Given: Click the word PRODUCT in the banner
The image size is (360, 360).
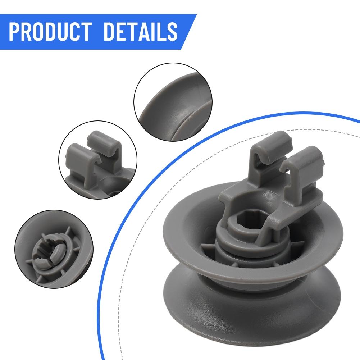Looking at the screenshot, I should (52, 32).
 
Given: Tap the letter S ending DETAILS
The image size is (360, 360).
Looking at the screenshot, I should (172, 32).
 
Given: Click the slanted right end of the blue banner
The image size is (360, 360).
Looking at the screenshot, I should (189, 32).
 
